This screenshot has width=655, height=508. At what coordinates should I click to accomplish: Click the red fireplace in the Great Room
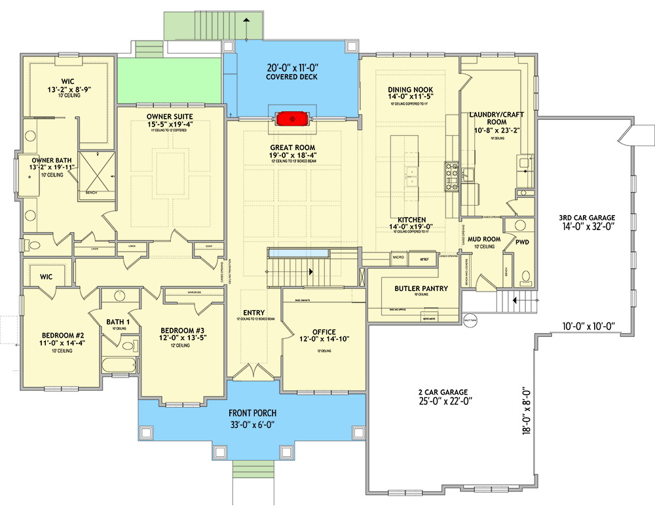coord(292,119)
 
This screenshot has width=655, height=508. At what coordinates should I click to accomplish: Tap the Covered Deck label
coord(291,77)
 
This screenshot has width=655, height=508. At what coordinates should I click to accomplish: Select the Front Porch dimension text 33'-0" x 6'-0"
coord(252,425)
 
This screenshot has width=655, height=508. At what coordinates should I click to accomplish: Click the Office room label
coord(324,332)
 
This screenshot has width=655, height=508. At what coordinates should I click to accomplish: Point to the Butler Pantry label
coord(421,288)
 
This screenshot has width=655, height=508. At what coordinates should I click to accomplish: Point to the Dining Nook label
coord(410,90)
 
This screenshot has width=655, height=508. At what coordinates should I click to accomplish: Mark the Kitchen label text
coord(411,220)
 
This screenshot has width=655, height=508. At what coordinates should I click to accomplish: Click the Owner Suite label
coord(169,117)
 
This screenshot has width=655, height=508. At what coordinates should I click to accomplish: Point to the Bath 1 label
coord(118,322)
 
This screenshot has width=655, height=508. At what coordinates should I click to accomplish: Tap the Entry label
coord(254,313)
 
